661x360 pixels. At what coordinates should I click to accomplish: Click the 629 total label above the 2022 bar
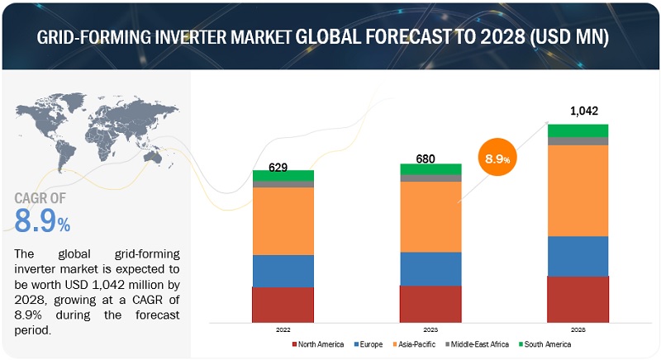(282, 168)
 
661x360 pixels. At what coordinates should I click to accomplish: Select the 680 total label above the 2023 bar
(430, 159)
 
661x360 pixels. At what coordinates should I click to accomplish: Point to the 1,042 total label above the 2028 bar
(578, 111)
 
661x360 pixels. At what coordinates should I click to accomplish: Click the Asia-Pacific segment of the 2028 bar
(578, 190)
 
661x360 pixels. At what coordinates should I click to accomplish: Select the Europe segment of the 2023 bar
(430, 268)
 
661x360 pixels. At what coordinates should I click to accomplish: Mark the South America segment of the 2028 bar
(578, 130)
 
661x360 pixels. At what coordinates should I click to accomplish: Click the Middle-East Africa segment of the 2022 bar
(283, 184)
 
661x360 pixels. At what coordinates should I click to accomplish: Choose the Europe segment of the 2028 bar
(578, 256)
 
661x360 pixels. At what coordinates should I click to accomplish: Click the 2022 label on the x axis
(283, 328)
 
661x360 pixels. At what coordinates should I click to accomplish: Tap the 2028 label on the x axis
(578, 328)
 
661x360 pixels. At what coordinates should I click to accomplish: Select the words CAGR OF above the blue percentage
(41, 197)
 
